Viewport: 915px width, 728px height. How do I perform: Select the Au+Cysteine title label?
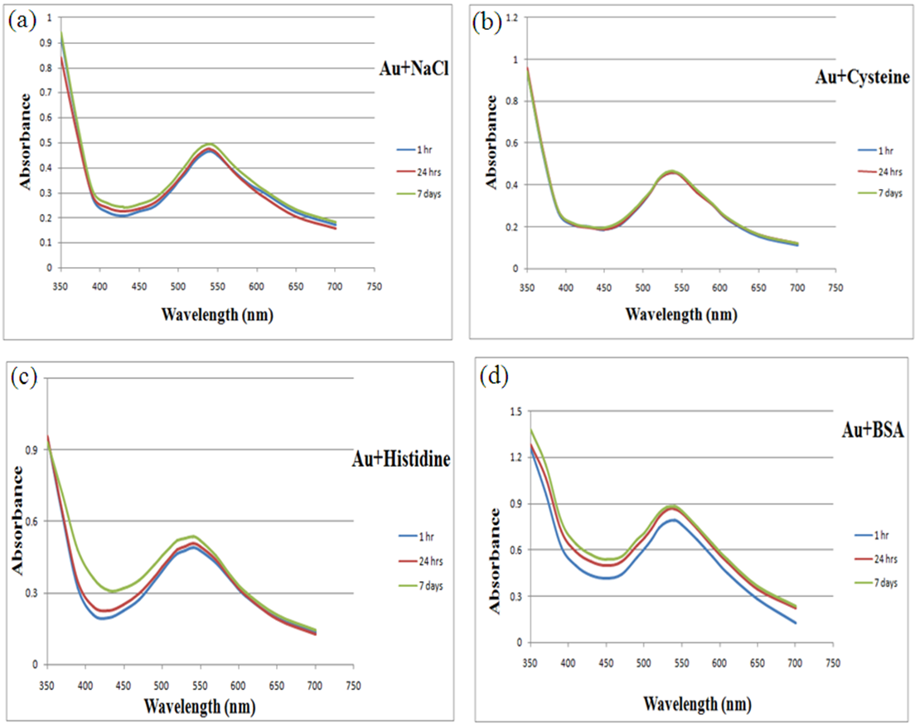862,77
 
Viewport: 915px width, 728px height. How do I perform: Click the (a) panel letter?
22,21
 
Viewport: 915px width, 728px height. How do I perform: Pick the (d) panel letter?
495,380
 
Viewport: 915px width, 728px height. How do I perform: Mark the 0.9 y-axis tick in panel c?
36,449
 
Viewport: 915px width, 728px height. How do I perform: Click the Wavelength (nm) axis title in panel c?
199,706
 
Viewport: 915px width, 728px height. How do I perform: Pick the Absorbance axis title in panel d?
495,561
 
